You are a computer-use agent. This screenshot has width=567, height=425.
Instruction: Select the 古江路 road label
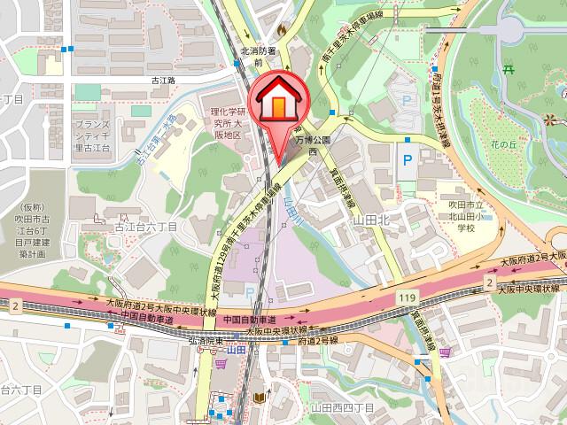(164, 80)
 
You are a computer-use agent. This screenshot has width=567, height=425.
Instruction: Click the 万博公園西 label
(313, 146)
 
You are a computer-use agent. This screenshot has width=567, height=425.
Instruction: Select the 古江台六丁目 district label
(146, 227)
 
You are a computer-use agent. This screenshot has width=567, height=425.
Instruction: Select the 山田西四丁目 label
(342, 406)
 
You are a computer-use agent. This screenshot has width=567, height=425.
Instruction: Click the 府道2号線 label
(319, 340)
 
